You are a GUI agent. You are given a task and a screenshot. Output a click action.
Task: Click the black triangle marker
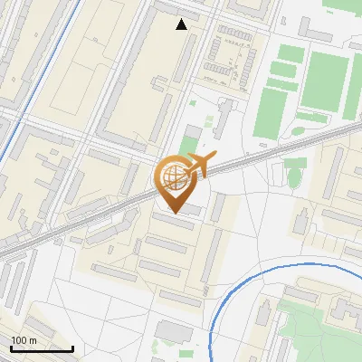(182, 24)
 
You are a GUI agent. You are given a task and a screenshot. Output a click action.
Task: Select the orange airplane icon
(200, 166)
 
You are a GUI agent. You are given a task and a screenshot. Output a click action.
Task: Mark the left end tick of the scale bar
(12, 348)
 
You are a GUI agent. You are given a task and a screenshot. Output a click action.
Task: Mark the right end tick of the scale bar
(72, 348)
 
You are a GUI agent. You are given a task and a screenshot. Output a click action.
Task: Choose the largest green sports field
(329, 80)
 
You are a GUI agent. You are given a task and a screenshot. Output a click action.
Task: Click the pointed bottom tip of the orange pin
(172, 214)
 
